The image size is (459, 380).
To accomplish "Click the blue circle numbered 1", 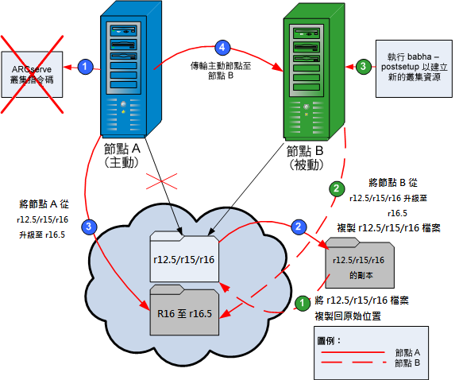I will point(86,68).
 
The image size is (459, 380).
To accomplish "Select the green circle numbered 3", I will point(362,68).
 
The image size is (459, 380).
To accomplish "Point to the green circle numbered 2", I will point(336,188).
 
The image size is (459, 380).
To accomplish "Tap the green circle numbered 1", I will point(301,303).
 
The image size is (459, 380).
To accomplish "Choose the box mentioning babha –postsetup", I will point(415,68).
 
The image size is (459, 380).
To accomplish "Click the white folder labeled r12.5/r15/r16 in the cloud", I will point(185,258).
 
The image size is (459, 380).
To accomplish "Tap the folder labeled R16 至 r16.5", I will point(185,312).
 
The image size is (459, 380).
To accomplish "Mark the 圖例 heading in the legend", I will point(328,340).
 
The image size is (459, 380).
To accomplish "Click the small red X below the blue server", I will point(166,182).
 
